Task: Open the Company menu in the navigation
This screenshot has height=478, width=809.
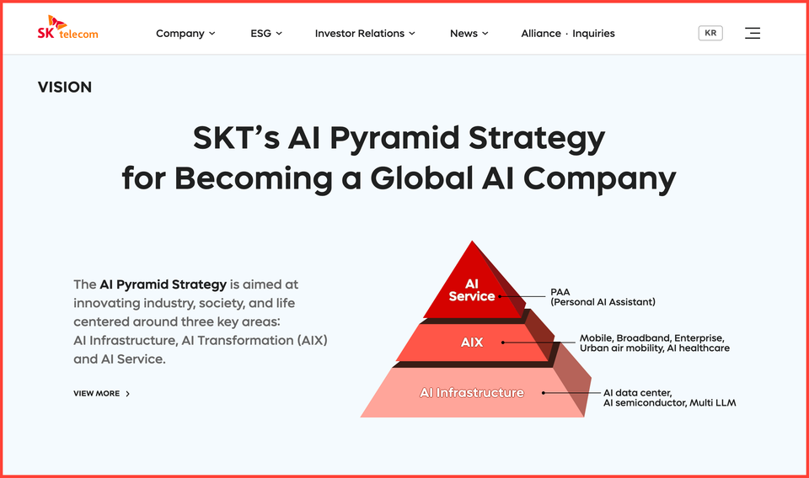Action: point(185,34)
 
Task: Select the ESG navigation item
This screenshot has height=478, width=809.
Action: point(266,34)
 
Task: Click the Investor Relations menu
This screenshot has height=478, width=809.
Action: point(365,34)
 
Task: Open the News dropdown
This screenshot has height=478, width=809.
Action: point(469,34)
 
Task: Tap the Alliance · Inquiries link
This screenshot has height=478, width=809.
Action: point(568,34)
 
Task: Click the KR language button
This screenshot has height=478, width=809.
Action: point(710,33)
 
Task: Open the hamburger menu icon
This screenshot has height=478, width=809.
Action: point(753,33)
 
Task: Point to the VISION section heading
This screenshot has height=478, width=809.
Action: point(65,88)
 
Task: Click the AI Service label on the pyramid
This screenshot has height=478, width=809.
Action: point(472,290)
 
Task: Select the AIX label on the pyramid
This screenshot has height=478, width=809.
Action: point(472,343)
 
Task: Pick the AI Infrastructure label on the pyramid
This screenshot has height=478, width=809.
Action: point(472,393)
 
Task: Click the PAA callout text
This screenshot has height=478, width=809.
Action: point(560,292)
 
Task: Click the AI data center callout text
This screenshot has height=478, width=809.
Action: point(637,392)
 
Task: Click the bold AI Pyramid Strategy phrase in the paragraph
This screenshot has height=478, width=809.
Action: point(163,284)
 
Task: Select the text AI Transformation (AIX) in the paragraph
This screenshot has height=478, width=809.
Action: point(254,340)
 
